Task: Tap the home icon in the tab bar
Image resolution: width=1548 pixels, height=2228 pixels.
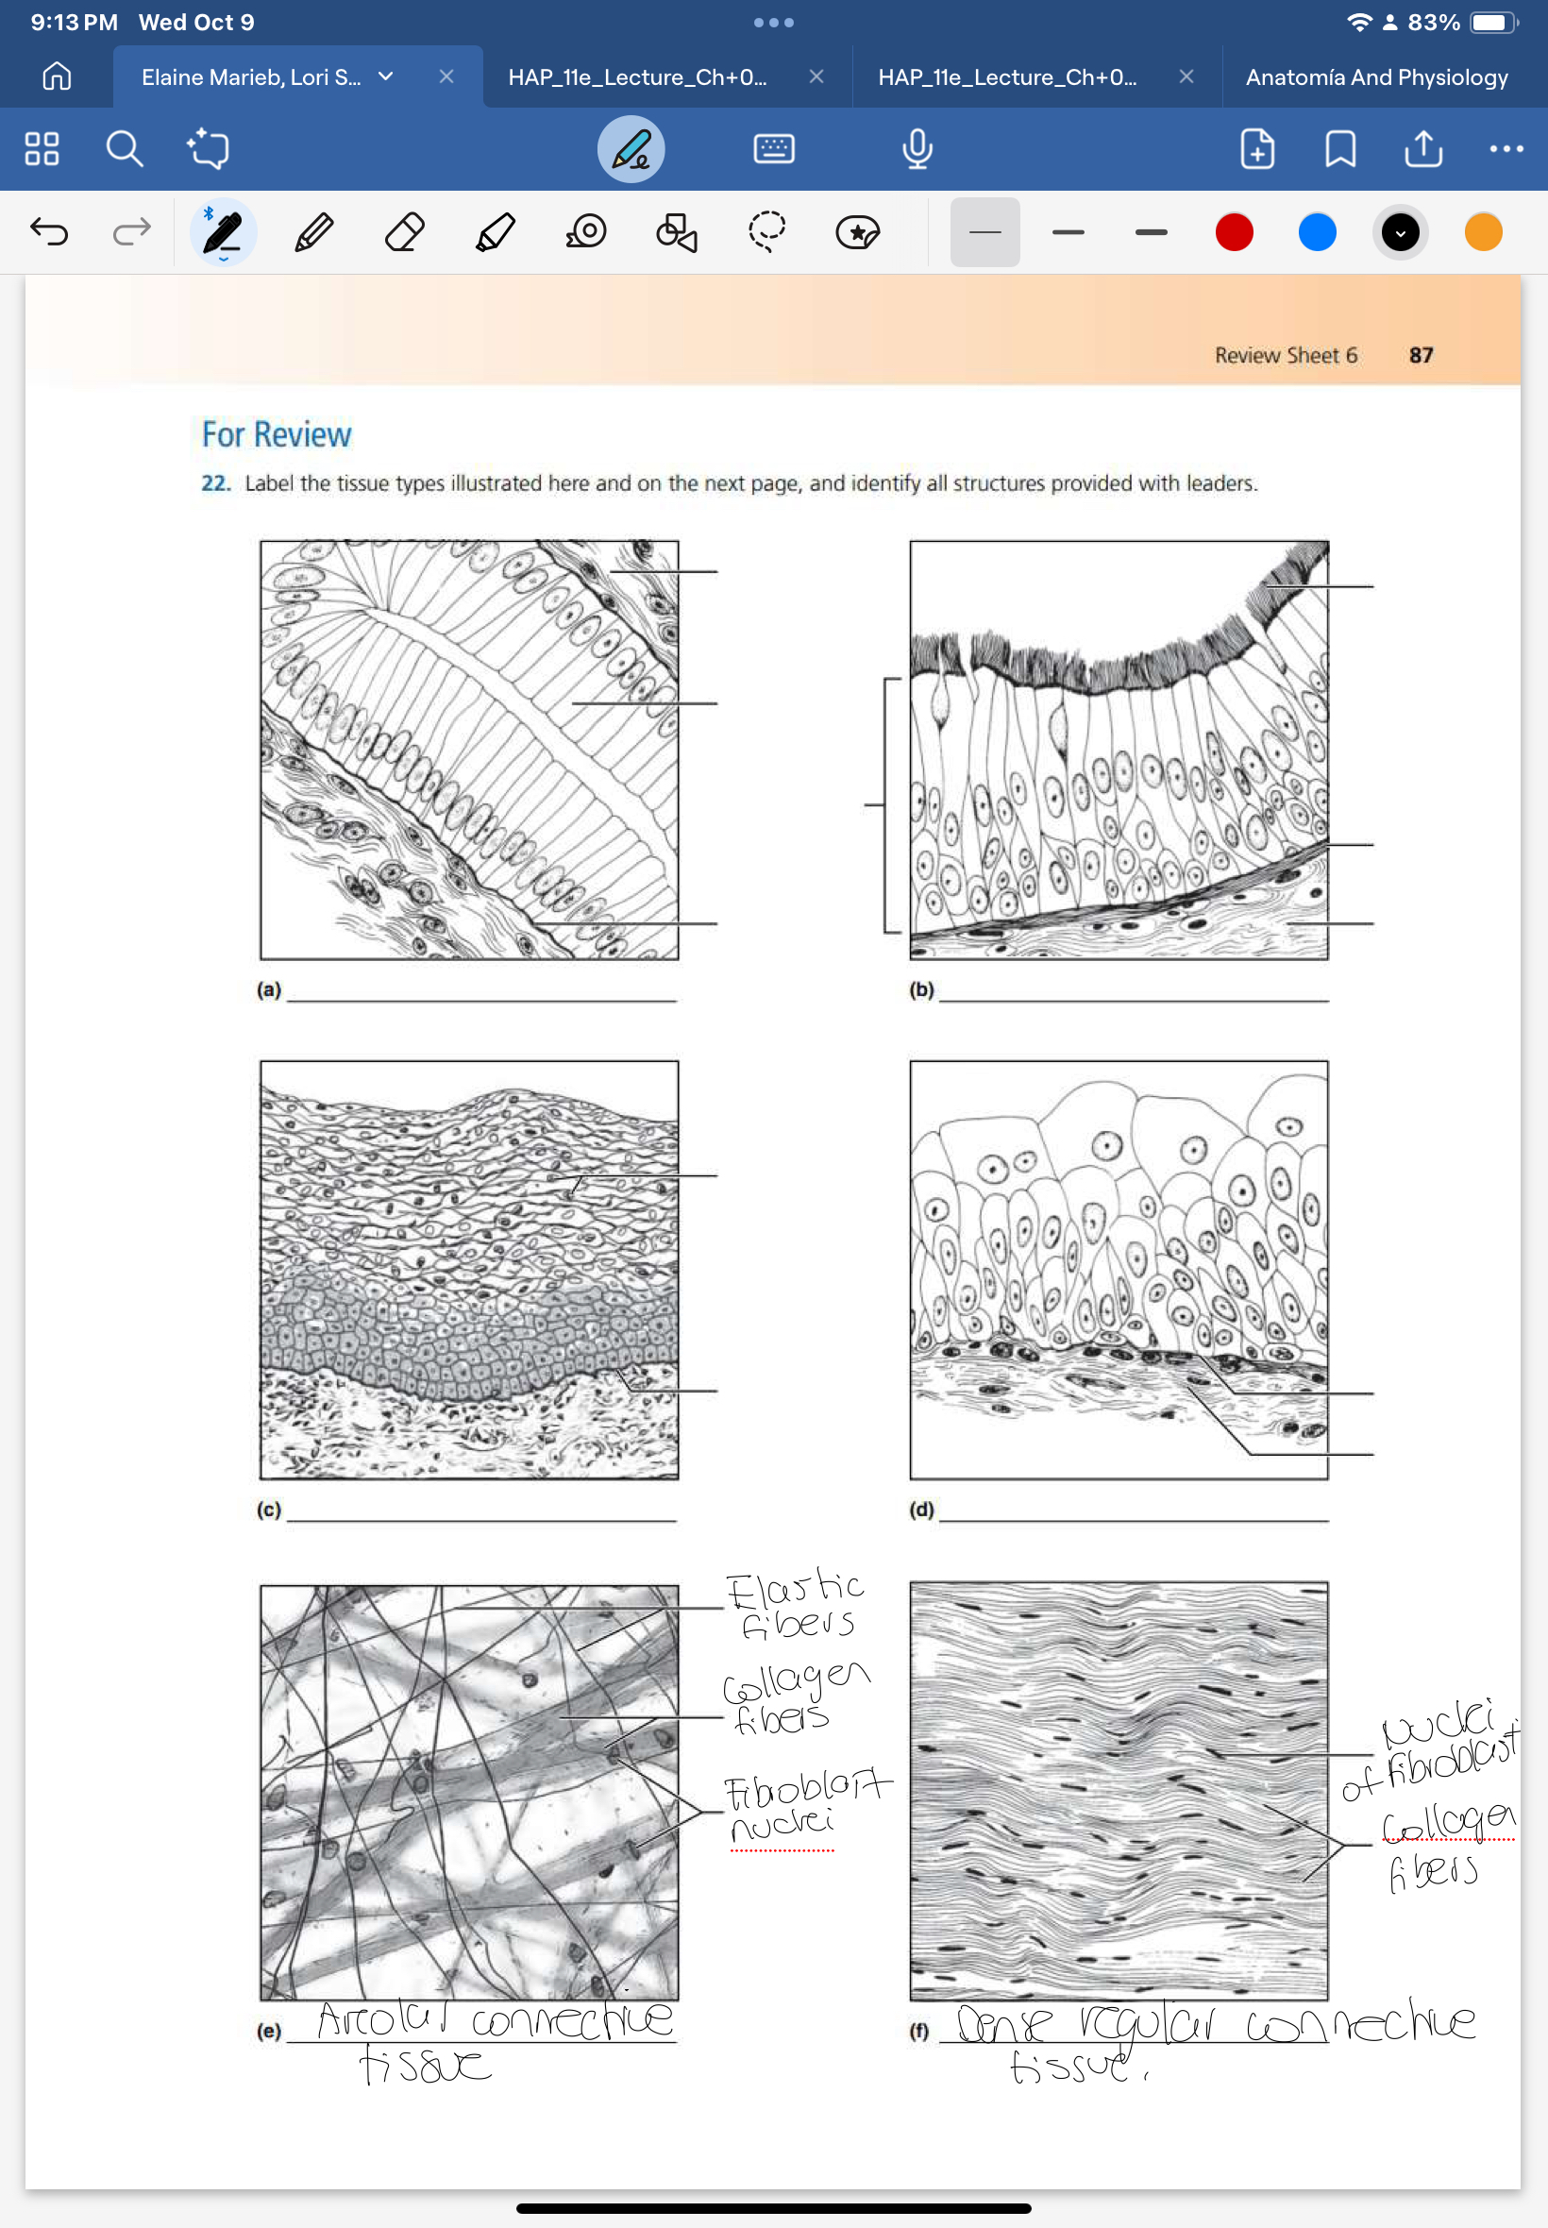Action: [57, 76]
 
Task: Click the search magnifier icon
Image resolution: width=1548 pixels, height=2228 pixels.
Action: [125, 149]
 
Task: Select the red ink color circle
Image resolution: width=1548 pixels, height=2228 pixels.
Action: [1234, 233]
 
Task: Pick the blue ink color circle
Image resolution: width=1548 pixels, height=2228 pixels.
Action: [1316, 233]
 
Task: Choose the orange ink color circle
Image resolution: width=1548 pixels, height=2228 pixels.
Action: [1482, 233]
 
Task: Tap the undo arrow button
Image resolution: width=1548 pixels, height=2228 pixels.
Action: [48, 232]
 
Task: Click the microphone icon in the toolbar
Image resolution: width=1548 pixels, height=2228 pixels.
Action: [917, 149]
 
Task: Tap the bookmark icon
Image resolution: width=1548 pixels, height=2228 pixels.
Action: [1339, 149]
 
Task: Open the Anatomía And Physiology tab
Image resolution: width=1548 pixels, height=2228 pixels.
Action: [1375, 77]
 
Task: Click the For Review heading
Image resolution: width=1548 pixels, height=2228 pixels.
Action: [277, 434]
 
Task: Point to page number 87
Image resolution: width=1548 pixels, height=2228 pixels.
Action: [1420, 356]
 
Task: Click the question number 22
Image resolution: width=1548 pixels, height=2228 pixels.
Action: [215, 483]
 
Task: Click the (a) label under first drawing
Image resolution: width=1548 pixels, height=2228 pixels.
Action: [269, 989]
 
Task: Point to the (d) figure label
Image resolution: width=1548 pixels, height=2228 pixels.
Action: [920, 1510]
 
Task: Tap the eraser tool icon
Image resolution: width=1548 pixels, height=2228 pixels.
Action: [404, 233]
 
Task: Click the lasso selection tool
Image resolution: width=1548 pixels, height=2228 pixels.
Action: [766, 233]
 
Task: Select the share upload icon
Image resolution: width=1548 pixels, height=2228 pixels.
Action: [1422, 149]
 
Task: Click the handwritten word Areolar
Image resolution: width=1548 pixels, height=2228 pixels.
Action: [381, 2020]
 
